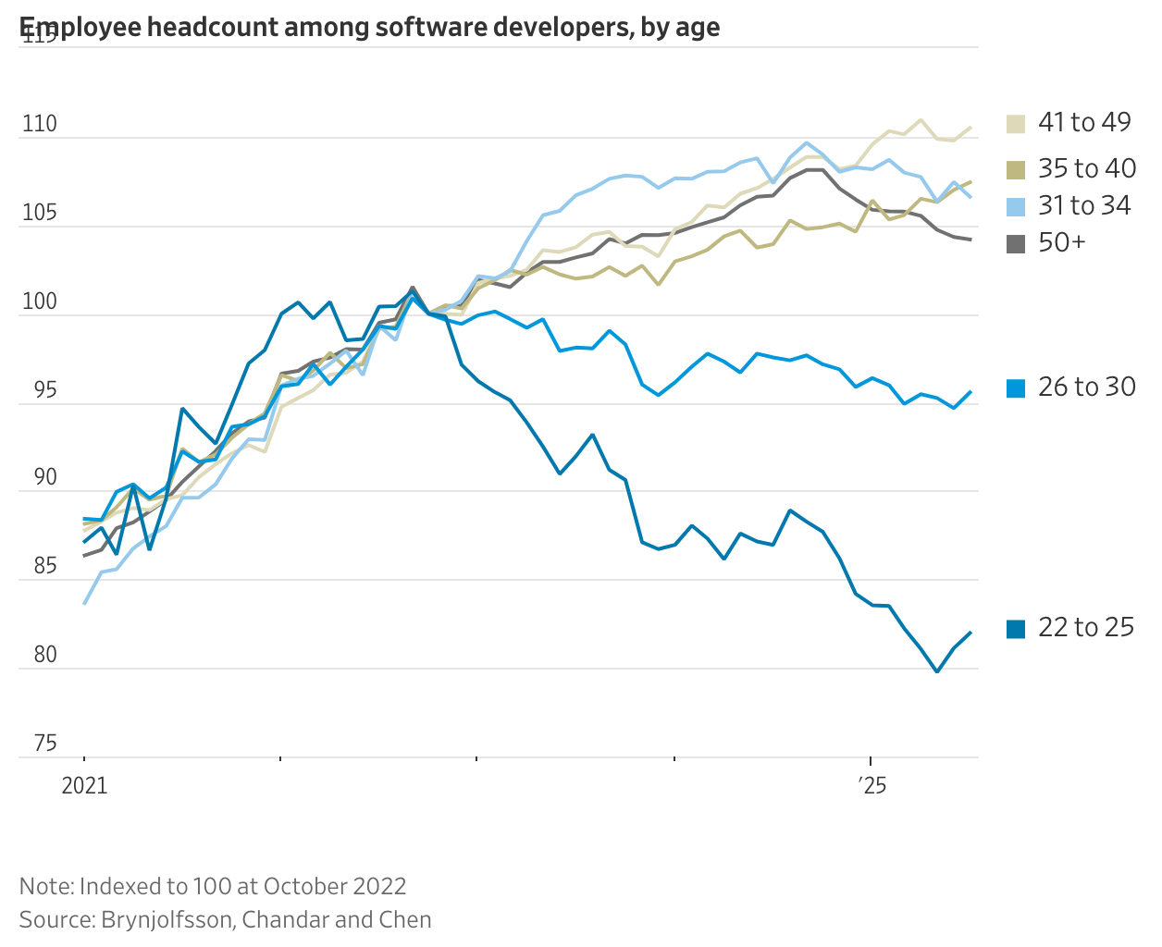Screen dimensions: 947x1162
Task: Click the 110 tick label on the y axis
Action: [x=39, y=124]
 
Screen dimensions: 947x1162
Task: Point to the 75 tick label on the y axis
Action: [x=39, y=744]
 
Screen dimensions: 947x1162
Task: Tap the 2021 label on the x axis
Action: [x=84, y=786]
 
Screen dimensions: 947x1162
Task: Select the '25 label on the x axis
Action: [x=871, y=786]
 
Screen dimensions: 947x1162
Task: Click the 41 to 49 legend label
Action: [x=1084, y=122]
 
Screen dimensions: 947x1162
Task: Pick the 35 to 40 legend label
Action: [x=1086, y=168]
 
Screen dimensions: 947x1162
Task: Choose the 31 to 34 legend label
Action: [x=1084, y=205]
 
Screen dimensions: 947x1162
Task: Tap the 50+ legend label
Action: [x=1062, y=242]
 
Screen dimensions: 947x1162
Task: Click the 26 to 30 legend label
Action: [x=1086, y=387]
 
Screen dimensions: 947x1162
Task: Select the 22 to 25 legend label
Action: [x=1085, y=627]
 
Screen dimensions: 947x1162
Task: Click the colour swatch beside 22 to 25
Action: [x=1016, y=629]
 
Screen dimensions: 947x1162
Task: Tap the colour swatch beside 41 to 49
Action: [x=1016, y=124]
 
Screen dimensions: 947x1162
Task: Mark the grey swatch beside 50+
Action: [x=1016, y=244]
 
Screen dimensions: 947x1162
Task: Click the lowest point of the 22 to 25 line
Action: [x=937, y=671]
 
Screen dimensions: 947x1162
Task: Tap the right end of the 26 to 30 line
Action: [x=970, y=391]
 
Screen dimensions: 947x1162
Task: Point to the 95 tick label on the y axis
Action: [x=39, y=390]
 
